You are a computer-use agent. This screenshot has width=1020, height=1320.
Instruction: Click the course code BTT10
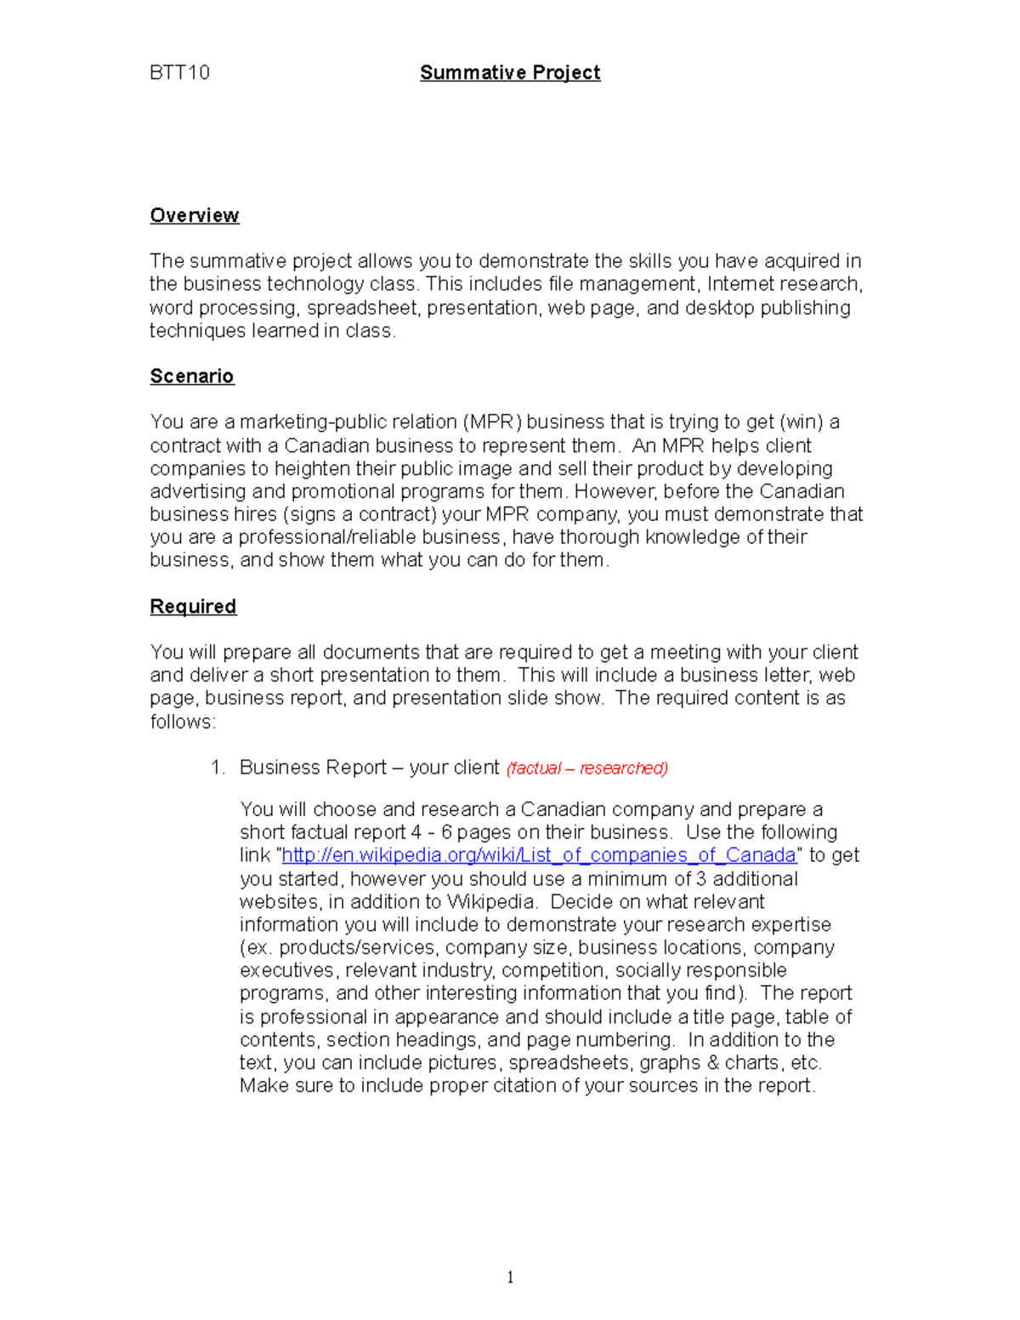pyautogui.click(x=179, y=72)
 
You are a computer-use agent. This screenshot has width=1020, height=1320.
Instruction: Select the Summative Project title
pyautogui.click(x=510, y=72)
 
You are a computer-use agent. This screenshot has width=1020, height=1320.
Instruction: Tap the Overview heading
pyautogui.click(x=195, y=215)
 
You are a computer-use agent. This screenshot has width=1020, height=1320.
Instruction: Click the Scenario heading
pyautogui.click(x=192, y=376)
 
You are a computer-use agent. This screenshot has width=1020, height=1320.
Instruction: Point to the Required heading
pyautogui.click(x=193, y=606)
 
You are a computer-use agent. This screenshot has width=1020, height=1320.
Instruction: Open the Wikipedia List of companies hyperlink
pyautogui.click(x=538, y=855)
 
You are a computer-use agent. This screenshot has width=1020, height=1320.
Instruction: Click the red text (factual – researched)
pyautogui.click(x=587, y=768)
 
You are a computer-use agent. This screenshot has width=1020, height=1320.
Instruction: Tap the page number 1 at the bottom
pyautogui.click(x=510, y=1277)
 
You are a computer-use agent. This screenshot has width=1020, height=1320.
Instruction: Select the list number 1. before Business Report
pyautogui.click(x=218, y=768)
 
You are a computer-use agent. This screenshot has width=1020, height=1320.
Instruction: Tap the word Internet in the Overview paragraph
pyautogui.click(x=741, y=284)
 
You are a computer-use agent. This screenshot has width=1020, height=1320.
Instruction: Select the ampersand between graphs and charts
pyautogui.click(x=711, y=1062)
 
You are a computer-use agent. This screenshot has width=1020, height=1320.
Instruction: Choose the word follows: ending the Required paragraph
pyautogui.click(x=183, y=722)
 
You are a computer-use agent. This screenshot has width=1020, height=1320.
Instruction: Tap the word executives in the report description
pyautogui.click(x=286, y=971)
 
